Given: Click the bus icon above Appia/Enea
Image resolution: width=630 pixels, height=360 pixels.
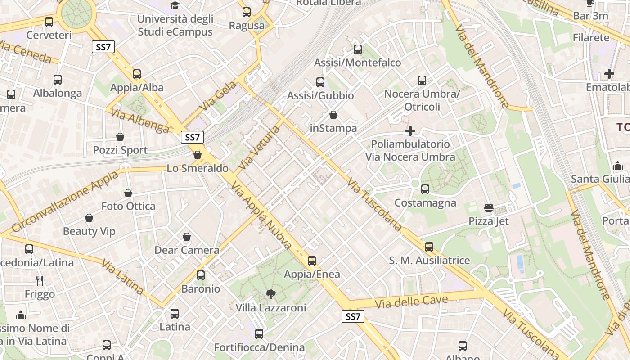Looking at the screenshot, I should (x=311, y=261).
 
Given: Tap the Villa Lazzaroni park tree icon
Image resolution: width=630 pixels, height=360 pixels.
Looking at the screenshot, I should (x=270, y=294).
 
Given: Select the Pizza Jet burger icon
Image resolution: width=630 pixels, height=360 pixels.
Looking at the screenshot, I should (x=489, y=208).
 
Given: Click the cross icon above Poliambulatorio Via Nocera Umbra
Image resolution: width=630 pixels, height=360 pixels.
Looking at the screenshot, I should (x=410, y=131).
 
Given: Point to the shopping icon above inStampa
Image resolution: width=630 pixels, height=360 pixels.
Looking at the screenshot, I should (x=333, y=115).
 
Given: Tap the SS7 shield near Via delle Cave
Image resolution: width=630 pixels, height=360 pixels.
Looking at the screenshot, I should (x=353, y=316).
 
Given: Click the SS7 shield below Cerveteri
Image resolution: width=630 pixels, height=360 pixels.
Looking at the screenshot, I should (x=103, y=47).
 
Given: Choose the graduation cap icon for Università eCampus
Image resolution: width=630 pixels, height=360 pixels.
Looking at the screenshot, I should (x=175, y=6).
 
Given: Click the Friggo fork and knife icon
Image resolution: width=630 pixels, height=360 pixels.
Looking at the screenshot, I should (x=40, y=281).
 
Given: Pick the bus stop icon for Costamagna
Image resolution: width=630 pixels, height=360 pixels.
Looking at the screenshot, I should (x=425, y=189).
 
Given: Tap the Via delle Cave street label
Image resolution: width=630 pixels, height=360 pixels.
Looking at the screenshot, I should (x=412, y=302).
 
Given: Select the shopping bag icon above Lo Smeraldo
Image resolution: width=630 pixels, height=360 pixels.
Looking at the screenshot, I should (x=197, y=155).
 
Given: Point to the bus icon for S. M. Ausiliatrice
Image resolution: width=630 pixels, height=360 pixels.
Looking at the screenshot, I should (x=429, y=247).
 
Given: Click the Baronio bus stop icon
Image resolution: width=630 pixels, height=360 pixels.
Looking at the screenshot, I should (x=201, y=275).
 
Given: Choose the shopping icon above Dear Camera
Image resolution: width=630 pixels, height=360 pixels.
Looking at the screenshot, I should (x=187, y=237).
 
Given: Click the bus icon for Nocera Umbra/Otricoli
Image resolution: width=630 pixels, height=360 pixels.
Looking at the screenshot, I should (x=422, y=81).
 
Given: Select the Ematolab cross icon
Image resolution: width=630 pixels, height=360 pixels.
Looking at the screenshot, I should (x=609, y=73).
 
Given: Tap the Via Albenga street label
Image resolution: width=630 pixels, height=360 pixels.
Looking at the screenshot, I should (x=140, y=121).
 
